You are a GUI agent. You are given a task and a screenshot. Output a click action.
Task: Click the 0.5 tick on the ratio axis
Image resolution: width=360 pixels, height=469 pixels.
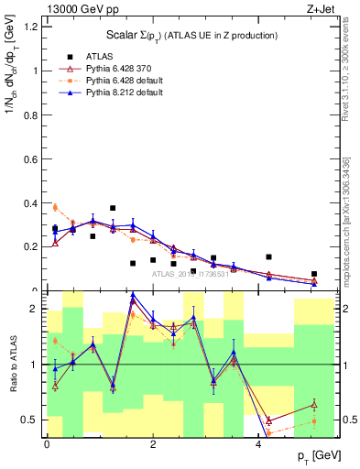(32, 420)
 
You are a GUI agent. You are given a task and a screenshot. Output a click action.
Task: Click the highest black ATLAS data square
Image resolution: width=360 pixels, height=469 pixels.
(113, 208)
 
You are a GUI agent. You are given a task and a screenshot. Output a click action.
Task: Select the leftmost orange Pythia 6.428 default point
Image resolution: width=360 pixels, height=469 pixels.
(55, 207)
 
